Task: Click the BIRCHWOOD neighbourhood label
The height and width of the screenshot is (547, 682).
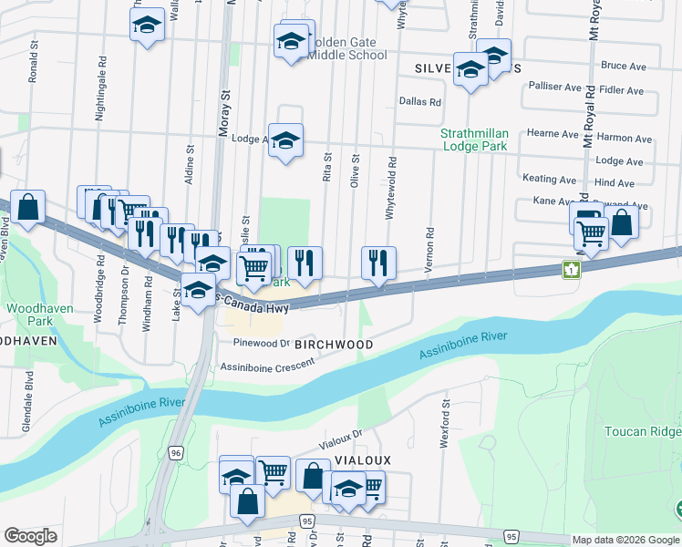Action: (x=339, y=345)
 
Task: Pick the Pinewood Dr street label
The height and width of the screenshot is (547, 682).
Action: (x=261, y=344)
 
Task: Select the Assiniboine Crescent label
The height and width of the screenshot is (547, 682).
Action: (x=267, y=365)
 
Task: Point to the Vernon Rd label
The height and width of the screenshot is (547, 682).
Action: (x=428, y=249)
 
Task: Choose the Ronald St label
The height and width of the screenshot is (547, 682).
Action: (x=33, y=61)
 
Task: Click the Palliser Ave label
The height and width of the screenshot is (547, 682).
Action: (x=554, y=87)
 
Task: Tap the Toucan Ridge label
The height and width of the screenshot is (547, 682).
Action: (x=642, y=430)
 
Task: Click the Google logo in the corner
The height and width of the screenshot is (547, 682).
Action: (x=29, y=536)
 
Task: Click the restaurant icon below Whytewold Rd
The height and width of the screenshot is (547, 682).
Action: (x=377, y=263)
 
